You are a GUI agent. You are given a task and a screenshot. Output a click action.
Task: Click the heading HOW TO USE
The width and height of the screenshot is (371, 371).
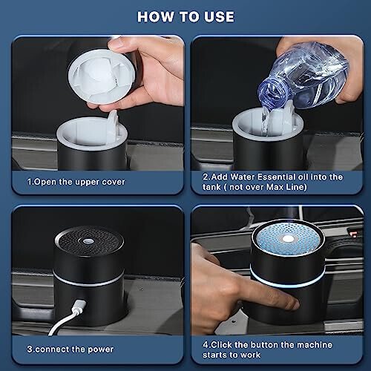click(185, 16)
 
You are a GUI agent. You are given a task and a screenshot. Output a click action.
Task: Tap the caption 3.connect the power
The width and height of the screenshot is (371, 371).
click(64, 348)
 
